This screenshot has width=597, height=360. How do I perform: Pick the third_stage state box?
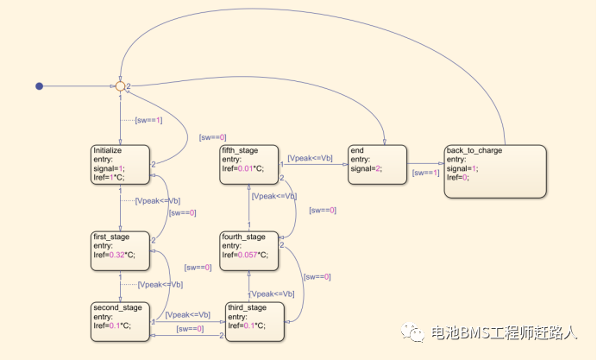click(255, 320)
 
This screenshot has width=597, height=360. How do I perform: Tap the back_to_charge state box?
click(495, 170)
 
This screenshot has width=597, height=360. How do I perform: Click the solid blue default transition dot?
click(39, 85)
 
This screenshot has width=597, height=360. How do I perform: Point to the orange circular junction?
click(120, 85)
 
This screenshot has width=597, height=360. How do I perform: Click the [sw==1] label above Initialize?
click(148, 119)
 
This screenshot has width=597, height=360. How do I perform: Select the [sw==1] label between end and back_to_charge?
click(425, 173)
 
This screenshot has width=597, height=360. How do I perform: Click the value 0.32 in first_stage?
click(119, 255)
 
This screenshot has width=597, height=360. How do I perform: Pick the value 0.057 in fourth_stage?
click(250, 255)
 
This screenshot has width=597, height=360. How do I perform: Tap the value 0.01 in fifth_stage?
click(248, 168)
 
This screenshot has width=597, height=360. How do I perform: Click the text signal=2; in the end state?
click(370, 168)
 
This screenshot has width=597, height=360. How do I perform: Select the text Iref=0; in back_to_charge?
click(459, 177)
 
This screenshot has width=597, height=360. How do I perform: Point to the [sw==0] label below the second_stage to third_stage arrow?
click(190, 329)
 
